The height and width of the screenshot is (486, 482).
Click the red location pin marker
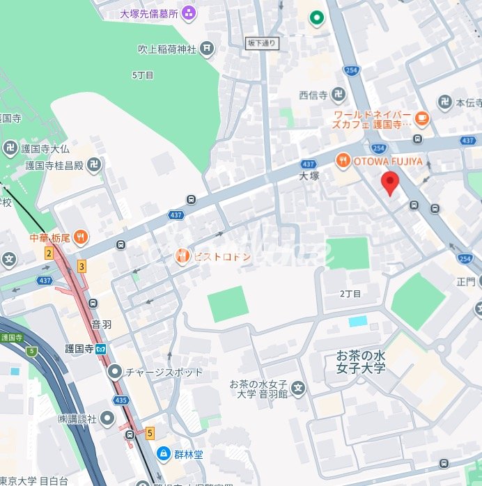[x=390, y=184]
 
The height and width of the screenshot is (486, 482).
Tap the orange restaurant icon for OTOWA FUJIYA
[x=343, y=162]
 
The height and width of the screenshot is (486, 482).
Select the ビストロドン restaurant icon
[x=181, y=256]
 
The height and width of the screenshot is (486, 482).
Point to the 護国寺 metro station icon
[x=102, y=350]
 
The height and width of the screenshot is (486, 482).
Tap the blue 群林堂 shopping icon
[x=162, y=453]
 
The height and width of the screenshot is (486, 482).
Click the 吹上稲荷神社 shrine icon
[x=207, y=48]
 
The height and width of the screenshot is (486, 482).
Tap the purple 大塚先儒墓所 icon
[x=189, y=13]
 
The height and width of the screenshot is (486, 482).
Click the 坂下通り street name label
[x=262, y=43]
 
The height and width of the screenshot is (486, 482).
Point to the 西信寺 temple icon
[x=339, y=94]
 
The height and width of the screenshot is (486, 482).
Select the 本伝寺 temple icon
[x=444, y=102]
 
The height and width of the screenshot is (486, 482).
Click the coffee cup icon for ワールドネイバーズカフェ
[x=421, y=119]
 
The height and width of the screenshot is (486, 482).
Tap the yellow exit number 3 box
[x=81, y=265]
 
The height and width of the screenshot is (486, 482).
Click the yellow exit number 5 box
[x=150, y=433]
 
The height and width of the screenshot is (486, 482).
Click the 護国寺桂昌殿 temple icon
[x=95, y=165]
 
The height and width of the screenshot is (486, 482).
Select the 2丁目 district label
[x=350, y=294]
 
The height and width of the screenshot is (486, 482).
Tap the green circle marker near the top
[x=317, y=17]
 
